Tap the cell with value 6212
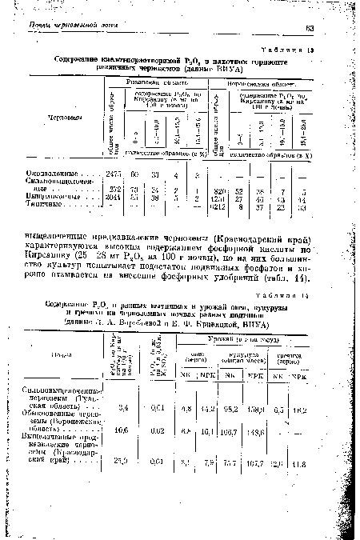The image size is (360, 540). click(215, 206)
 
